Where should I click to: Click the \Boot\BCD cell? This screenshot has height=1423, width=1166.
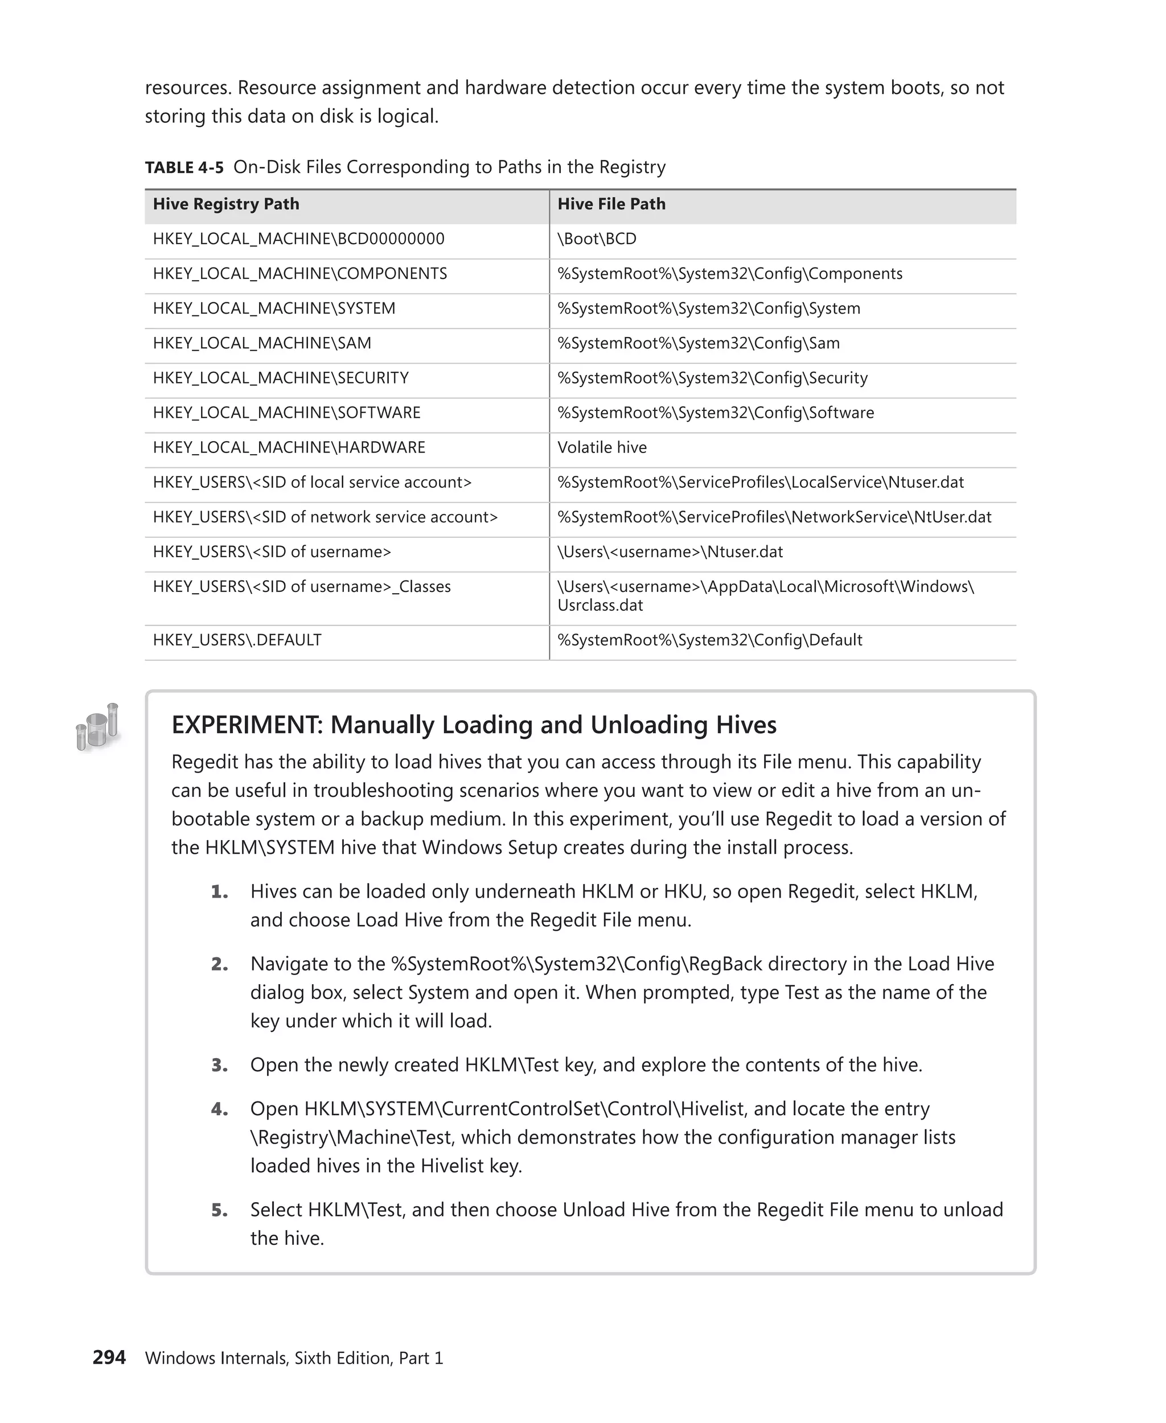pos(597,239)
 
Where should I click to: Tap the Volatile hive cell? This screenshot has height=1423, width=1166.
pos(602,448)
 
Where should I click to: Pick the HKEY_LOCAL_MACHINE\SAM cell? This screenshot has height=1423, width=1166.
pos(262,343)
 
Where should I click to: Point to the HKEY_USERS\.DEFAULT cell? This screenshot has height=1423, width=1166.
pos(237,640)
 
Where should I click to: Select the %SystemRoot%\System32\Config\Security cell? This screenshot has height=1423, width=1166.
pos(712,378)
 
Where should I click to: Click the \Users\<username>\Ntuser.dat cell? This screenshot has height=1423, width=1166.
pos(670,552)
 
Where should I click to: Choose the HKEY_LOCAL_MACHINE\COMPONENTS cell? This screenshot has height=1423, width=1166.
pos(299,274)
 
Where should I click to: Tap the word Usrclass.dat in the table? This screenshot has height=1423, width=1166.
pos(600,606)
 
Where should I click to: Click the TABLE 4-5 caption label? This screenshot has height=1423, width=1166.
pos(184,168)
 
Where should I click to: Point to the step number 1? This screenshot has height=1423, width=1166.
pos(219,892)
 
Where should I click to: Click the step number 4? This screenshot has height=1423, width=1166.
pos(219,1109)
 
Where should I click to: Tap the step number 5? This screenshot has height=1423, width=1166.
pos(219,1210)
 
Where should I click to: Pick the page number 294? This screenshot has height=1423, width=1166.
pos(109,1358)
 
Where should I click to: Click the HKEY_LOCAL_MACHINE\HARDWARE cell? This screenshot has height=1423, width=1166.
pos(289,448)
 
